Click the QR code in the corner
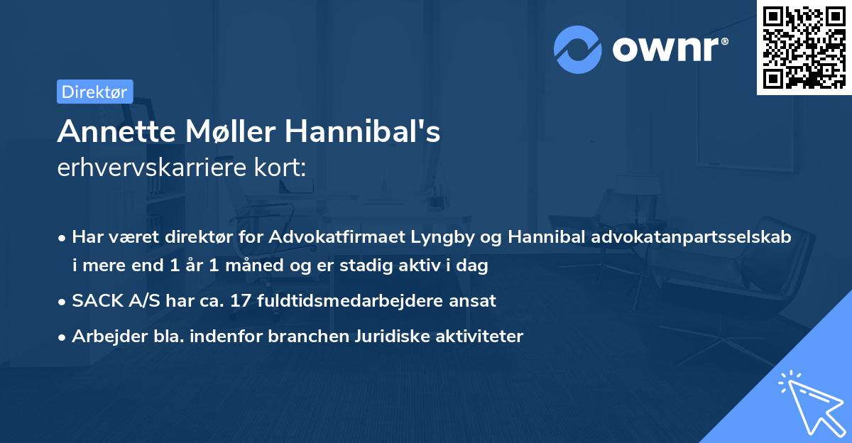(x=804, y=47)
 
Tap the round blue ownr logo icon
(x=578, y=49)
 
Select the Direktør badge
(x=94, y=92)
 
